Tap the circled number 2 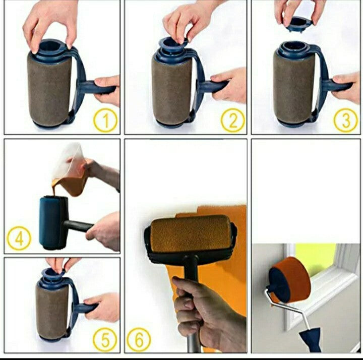232,121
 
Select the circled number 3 346,121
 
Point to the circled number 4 19,238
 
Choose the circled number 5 105,340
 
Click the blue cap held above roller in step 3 300,22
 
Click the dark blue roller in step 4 53,222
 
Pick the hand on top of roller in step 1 50,23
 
